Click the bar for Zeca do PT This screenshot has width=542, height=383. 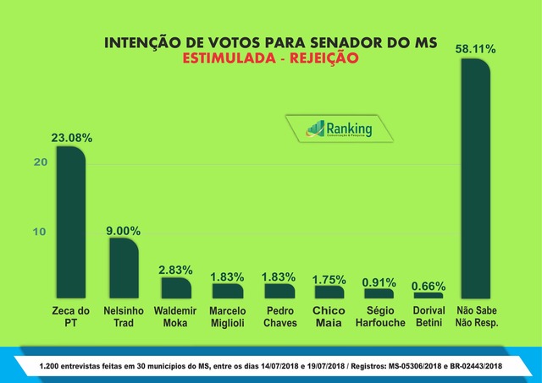click(70, 223)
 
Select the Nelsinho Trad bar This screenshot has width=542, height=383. click(124, 269)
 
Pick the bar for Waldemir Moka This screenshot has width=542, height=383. click(176, 288)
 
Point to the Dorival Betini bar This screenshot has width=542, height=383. click(429, 296)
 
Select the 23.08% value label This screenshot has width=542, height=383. click(71, 137)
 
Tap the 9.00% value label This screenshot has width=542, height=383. click(124, 230)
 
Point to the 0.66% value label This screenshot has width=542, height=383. click(429, 286)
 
